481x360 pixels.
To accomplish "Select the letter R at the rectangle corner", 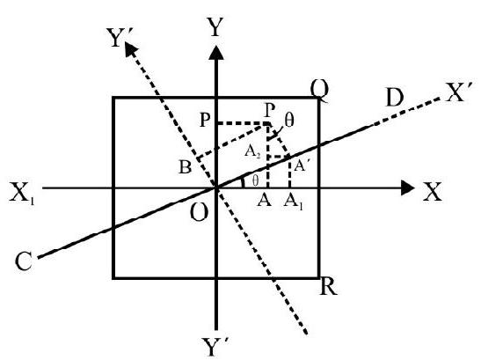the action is [x=328, y=287].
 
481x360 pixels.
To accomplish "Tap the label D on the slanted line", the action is [x=395, y=98].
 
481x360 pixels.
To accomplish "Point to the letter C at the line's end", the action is [x=24, y=261].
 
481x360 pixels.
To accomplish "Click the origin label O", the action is [x=199, y=212].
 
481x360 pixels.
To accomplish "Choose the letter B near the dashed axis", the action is [x=185, y=168].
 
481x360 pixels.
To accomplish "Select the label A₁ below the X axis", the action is [x=294, y=202].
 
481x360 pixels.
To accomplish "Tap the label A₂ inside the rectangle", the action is [x=252, y=151].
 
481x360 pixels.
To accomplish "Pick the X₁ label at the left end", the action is [x=21, y=193].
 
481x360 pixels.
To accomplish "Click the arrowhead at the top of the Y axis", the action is [x=216, y=52].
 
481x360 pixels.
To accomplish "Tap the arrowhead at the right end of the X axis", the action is [x=408, y=187].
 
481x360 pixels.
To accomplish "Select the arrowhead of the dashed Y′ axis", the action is [x=132, y=48].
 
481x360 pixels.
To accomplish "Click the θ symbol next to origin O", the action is [x=255, y=181].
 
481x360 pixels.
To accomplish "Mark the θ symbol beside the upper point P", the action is [x=289, y=121].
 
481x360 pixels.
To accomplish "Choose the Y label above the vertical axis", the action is [x=215, y=27].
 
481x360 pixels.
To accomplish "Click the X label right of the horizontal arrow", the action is [x=433, y=192].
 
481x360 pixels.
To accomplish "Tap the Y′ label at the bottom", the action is [x=215, y=347].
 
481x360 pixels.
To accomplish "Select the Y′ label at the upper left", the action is [x=119, y=38].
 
